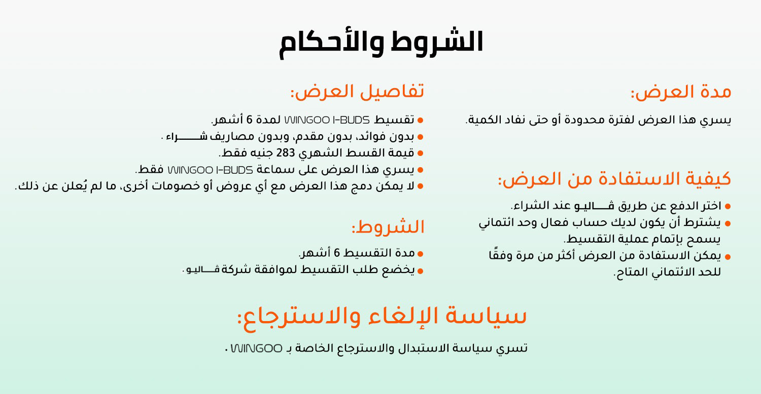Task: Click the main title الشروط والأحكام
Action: point(381,44)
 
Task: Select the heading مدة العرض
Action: point(681,92)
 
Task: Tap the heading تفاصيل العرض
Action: point(357,92)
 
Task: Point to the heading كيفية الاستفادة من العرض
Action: point(614,179)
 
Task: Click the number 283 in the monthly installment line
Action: point(285,153)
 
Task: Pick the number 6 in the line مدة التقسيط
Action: point(337,253)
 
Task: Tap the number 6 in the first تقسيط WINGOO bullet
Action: point(250,120)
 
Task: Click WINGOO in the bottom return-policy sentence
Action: point(257,348)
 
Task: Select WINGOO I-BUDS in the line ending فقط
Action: point(211,170)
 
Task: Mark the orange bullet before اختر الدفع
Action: point(728,206)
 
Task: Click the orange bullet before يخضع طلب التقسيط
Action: point(420,271)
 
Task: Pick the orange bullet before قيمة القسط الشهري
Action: point(420,153)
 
